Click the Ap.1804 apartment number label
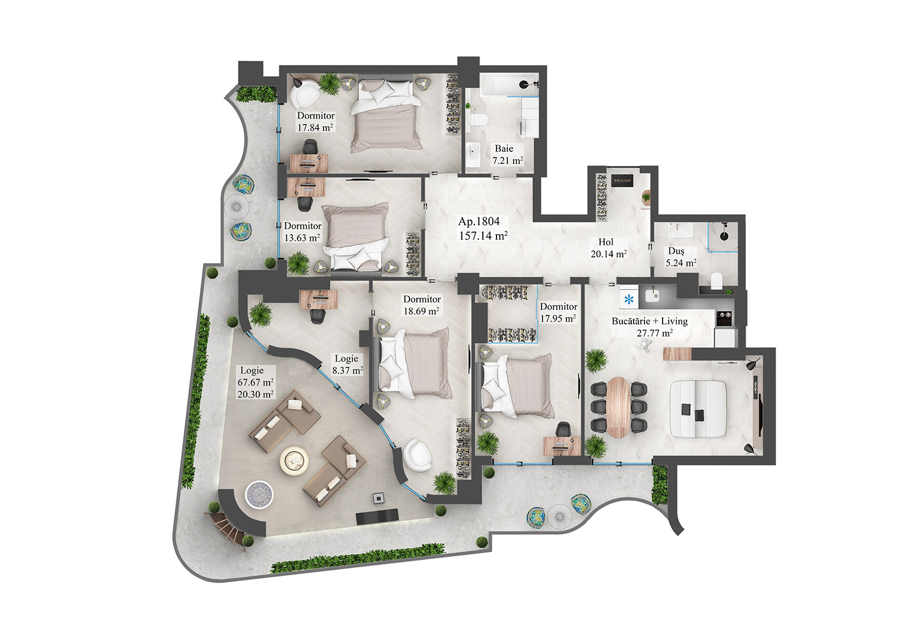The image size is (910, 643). click(479, 222)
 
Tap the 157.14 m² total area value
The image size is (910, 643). click(483, 235)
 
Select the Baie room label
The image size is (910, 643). click(504, 148)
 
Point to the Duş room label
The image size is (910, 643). click(676, 251)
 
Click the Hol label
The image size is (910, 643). click(606, 242)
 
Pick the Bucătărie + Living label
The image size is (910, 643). click(650, 321)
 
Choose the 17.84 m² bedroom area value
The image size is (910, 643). click(315, 128)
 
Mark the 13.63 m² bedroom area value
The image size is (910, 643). click(302, 238)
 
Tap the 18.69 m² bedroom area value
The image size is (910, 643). click(421, 311)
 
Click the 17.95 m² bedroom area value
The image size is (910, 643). click(557, 318)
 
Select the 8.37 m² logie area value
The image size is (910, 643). click(347, 370)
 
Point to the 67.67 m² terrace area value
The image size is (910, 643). click(255, 382)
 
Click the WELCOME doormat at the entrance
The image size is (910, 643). click(622, 181)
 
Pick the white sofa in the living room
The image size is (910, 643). click(698, 409)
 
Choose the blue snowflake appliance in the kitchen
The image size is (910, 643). click(628, 300)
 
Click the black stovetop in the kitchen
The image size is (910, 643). click(723, 318)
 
